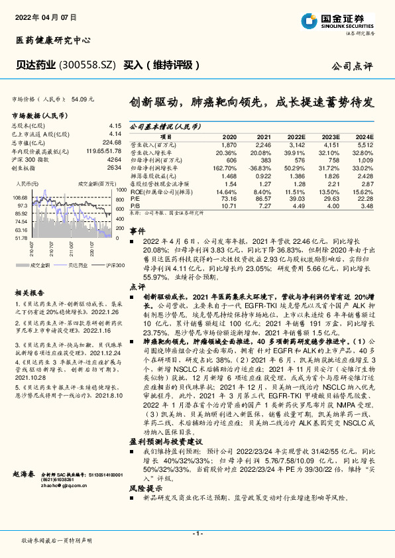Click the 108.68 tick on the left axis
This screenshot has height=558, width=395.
click(20, 197)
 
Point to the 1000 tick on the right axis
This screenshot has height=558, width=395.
click(121, 190)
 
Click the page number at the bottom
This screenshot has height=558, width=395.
click(197, 533)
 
